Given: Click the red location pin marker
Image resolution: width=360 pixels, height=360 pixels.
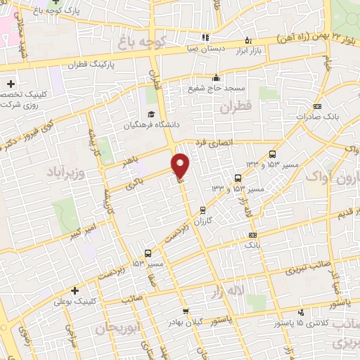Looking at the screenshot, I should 181,165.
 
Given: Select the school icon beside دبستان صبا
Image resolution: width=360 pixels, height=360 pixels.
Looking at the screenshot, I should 205,37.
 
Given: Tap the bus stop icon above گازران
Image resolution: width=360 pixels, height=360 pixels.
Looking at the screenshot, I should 203,209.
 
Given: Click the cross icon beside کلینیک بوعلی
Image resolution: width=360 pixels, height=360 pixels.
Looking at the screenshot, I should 74,289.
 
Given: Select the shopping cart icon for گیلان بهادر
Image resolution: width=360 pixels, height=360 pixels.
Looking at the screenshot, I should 185,311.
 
